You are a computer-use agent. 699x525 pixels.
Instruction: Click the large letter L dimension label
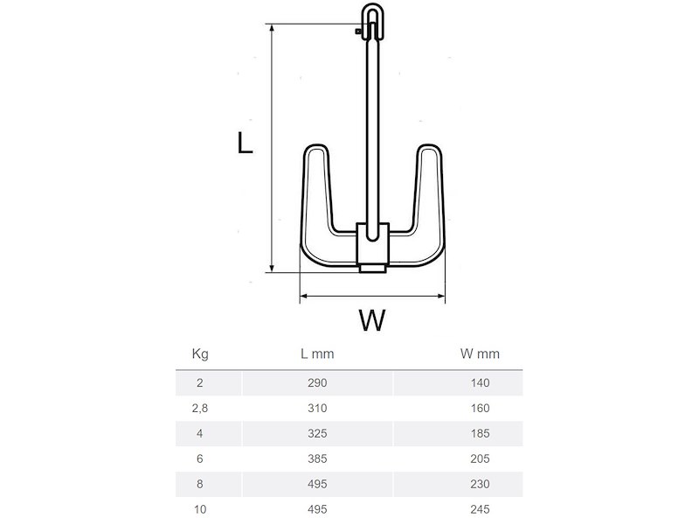pos(246,143)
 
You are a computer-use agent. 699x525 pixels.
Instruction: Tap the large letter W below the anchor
pos(371,321)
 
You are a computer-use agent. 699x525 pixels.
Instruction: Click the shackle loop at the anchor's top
pos(372,19)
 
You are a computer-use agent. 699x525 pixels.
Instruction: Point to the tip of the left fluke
pos(315,150)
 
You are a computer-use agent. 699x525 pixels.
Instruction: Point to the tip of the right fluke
pos(429,150)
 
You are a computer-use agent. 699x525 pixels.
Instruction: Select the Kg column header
pos(199,354)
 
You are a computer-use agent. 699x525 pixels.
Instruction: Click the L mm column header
pos(317,354)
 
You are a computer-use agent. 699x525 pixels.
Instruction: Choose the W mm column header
pos(479,354)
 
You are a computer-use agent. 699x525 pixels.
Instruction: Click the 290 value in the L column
pos(317,382)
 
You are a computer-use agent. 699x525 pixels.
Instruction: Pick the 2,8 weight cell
pos(199,408)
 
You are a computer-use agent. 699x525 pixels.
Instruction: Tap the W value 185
pos(479,433)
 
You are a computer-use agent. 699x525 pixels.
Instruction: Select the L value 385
pos(317,458)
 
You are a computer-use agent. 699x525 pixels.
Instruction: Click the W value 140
pos(479,382)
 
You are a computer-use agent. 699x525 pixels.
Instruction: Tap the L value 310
pos(317,408)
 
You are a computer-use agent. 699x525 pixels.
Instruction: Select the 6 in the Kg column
pos(199,458)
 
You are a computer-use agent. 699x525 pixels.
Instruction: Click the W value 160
pos(479,408)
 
